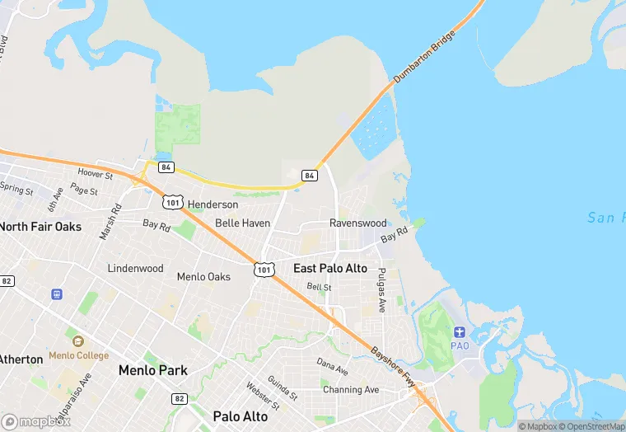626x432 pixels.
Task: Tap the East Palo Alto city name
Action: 330,269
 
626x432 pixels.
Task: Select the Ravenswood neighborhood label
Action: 357,223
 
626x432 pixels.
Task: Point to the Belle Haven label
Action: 242,223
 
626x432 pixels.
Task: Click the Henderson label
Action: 213,204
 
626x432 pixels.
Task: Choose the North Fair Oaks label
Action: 40,226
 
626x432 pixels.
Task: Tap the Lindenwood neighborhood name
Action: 135,269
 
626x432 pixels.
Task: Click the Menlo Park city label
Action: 152,371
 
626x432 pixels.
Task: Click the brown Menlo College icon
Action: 78,341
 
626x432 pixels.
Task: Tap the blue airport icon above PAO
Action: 459,331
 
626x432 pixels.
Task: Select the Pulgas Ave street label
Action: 381,290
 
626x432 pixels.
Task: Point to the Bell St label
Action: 319,287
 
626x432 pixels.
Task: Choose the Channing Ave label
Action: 351,390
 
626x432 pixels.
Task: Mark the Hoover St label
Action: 95,174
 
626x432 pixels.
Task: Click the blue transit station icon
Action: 58,294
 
